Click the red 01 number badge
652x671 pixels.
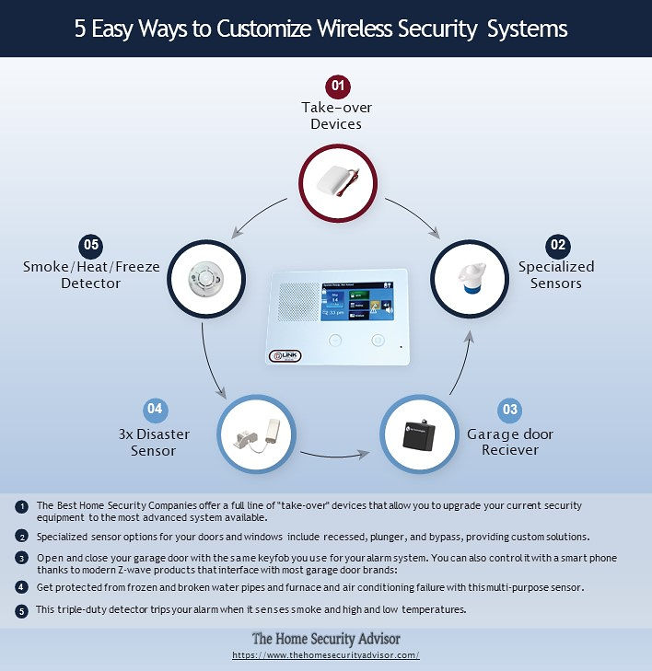point(338,86)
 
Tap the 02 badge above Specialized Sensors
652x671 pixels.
point(558,246)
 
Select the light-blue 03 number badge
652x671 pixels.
point(509,410)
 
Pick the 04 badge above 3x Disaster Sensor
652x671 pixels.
point(155,409)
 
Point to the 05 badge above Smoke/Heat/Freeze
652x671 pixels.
point(91,246)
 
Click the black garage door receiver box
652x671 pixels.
point(419,434)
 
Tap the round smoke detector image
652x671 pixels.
point(206,279)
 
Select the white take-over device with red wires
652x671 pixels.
point(338,182)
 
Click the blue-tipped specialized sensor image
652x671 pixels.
point(470,279)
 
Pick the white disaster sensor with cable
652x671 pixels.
point(257,434)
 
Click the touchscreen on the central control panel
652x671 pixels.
point(357,301)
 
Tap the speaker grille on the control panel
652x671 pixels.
point(298,302)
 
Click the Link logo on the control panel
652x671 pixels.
point(285,355)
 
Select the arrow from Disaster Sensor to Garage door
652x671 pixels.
point(335,457)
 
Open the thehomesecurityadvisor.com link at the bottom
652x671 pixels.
point(326,655)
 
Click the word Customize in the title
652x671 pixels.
point(264,29)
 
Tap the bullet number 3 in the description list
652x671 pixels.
point(21,559)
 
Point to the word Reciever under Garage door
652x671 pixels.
point(510,450)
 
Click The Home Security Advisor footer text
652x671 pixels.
point(326,639)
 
